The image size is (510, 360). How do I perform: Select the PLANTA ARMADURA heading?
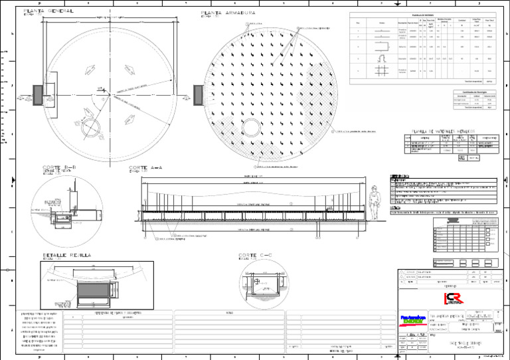point(225,12)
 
